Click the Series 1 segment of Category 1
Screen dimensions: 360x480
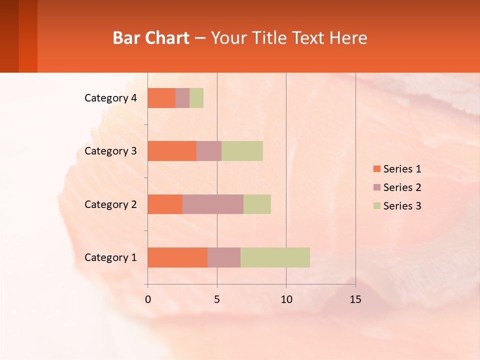[x=177, y=257]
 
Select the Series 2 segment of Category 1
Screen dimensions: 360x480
[x=224, y=257]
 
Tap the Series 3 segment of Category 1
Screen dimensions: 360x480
[x=275, y=257]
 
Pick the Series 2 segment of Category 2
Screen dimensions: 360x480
[x=213, y=204]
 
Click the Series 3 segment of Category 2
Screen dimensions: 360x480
[x=257, y=204]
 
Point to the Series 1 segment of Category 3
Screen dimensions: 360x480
[x=172, y=151]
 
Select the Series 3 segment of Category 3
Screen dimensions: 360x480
[x=242, y=151]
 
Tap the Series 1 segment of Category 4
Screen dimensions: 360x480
[x=161, y=98]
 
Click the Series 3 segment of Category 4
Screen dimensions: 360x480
[x=196, y=98]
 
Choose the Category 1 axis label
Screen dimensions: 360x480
[x=110, y=257]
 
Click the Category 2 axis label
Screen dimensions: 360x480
[x=110, y=204]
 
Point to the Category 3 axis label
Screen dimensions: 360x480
[x=110, y=151]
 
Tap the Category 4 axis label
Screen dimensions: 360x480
[x=110, y=98]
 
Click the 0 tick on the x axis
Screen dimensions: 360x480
[x=148, y=299]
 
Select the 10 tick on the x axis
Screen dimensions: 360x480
[x=286, y=299]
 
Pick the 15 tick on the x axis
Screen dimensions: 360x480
[x=355, y=299]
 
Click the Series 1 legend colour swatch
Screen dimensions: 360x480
[x=377, y=169]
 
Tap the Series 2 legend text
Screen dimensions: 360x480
[x=402, y=187]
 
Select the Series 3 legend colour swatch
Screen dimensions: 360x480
[x=377, y=206]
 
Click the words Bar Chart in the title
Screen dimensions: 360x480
[x=151, y=38]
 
